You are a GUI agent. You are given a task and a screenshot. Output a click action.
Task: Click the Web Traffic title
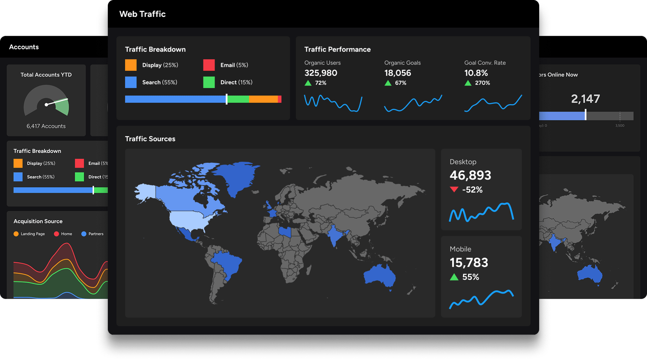tap(142, 14)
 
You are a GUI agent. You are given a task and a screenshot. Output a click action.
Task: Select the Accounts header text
tap(24, 47)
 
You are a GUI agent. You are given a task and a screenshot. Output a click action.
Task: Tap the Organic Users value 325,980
tap(320, 73)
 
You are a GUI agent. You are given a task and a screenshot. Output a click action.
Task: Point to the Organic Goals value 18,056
tap(397, 73)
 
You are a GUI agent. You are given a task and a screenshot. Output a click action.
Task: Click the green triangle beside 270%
tap(468, 83)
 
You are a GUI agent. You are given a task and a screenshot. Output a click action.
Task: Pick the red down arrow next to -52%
tap(454, 189)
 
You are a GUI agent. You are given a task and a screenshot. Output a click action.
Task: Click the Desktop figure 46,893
tap(470, 175)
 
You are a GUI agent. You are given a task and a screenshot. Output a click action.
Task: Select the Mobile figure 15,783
tap(469, 263)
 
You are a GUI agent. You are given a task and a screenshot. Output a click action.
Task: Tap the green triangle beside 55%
tap(454, 277)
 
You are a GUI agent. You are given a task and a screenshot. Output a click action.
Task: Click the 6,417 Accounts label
tap(46, 126)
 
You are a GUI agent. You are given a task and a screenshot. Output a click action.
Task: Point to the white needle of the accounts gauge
tap(57, 102)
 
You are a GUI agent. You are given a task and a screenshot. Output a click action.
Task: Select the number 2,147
tap(585, 99)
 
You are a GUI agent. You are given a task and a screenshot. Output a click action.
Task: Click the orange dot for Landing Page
tap(16, 234)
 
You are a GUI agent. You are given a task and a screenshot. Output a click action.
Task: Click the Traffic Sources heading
tap(150, 139)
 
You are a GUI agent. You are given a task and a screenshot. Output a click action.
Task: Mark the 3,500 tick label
tap(619, 126)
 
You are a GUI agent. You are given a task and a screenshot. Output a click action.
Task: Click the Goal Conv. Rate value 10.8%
tap(476, 73)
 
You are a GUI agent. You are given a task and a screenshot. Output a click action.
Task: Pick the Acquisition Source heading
tap(38, 221)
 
